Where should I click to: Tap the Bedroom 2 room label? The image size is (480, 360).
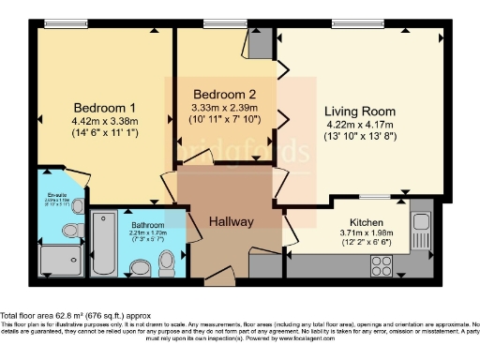(224, 95)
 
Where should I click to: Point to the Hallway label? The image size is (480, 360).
(231, 222)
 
